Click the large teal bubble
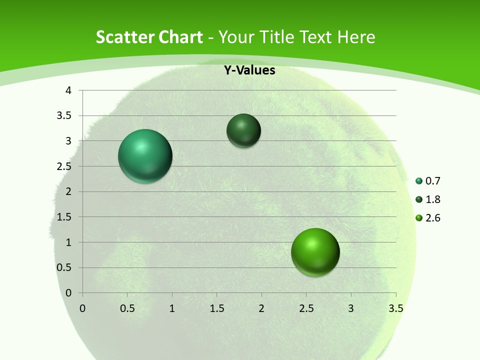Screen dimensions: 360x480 [x=145, y=156]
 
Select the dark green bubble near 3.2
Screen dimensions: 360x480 [x=243, y=130]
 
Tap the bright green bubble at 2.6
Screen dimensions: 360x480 [x=315, y=252]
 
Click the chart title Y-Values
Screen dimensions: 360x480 [x=249, y=70]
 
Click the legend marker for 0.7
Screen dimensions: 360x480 [x=419, y=181]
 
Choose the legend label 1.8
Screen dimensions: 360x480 [x=433, y=199]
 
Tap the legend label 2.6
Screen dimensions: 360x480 [x=433, y=218]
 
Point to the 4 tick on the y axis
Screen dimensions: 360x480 [x=69, y=90]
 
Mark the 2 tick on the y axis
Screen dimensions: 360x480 [x=69, y=191]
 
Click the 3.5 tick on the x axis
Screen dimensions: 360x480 [x=395, y=308]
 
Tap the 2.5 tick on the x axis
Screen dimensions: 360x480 [x=306, y=308]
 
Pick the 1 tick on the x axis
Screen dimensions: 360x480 [x=172, y=308]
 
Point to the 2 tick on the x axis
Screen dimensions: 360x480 [x=261, y=308]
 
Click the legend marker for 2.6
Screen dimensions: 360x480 [x=419, y=218]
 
